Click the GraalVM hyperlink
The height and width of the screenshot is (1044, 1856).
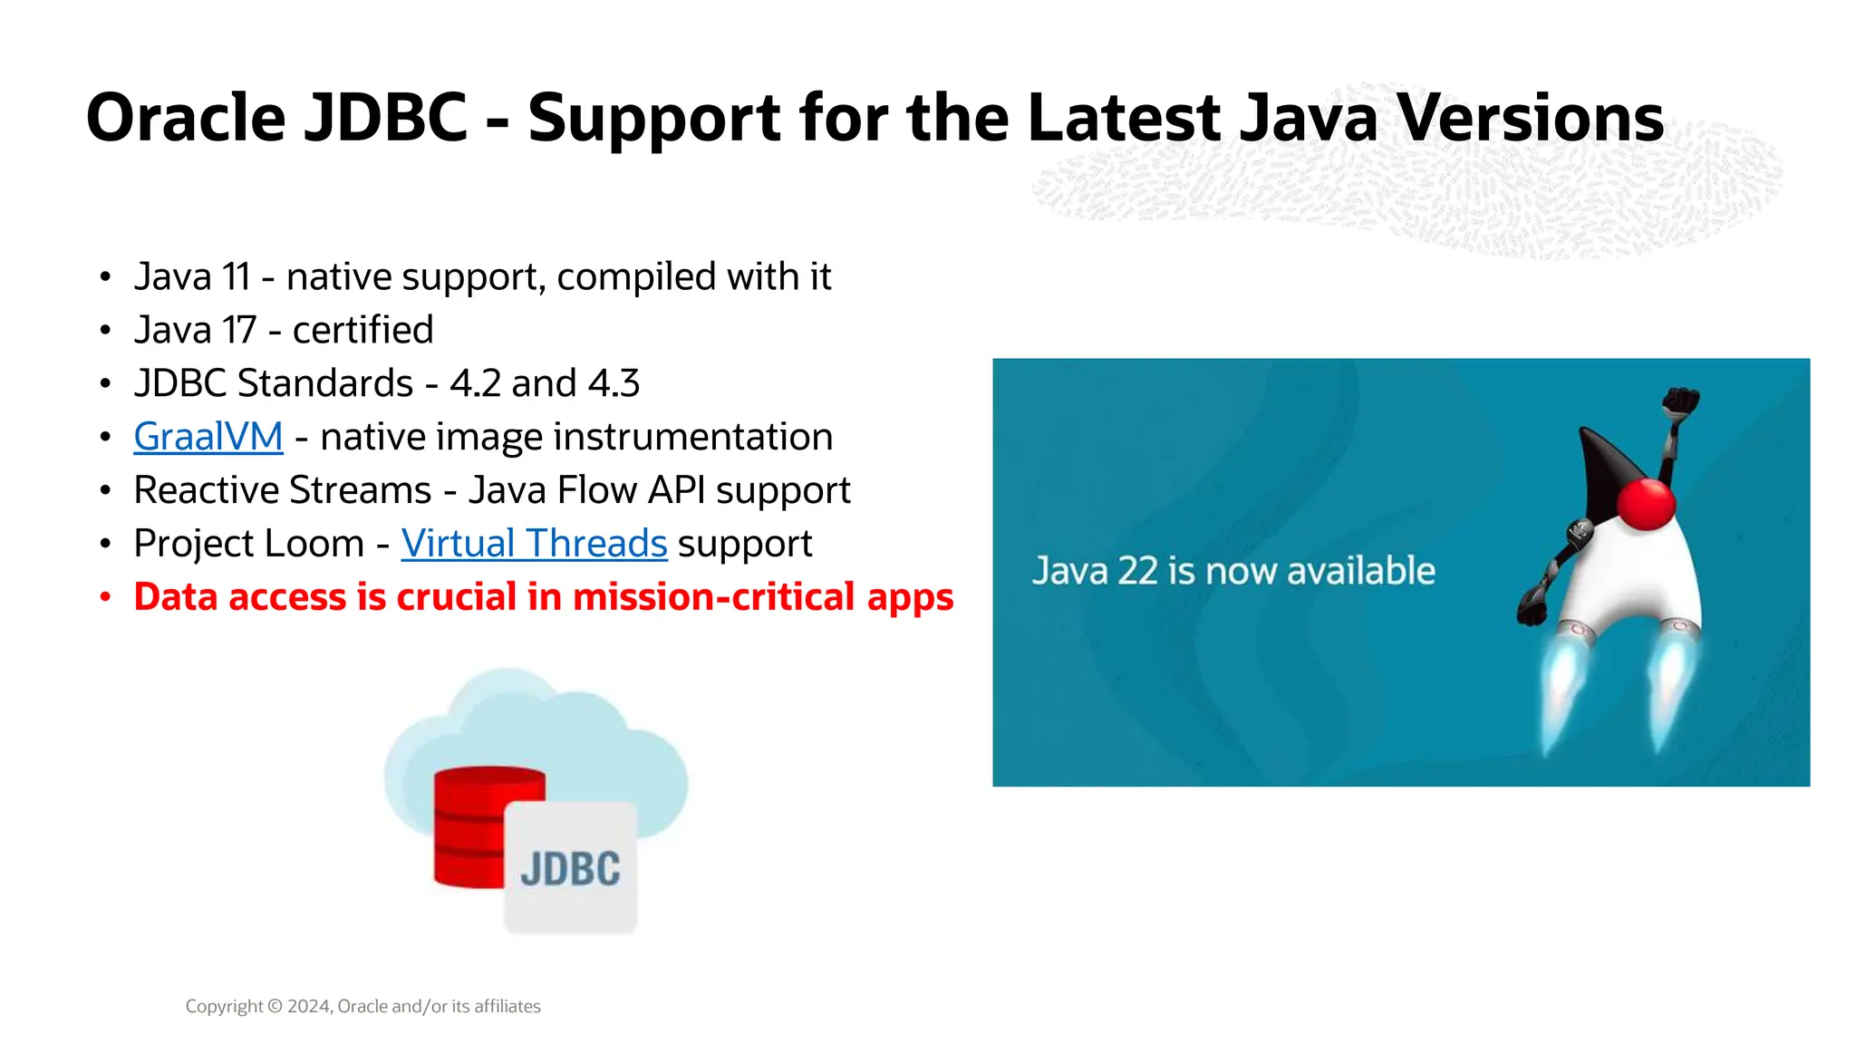[x=208, y=437]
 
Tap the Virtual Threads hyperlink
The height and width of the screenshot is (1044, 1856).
[x=534, y=544]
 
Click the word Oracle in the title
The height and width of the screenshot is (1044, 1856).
[x=186, y=118]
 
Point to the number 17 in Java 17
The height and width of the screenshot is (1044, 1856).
[x=240, y=330]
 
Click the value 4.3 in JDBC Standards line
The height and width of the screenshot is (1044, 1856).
[x=614, y=383]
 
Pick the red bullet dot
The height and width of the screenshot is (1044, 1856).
[x=106, y=597]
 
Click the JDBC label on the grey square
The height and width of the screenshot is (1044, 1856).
[x=570, y=869]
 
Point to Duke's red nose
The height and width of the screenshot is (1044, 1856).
[x=1646, y=504]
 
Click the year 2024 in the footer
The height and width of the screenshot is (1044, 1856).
[x=309, y=1006]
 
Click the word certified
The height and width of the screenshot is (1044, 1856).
[x=362, y=330]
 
